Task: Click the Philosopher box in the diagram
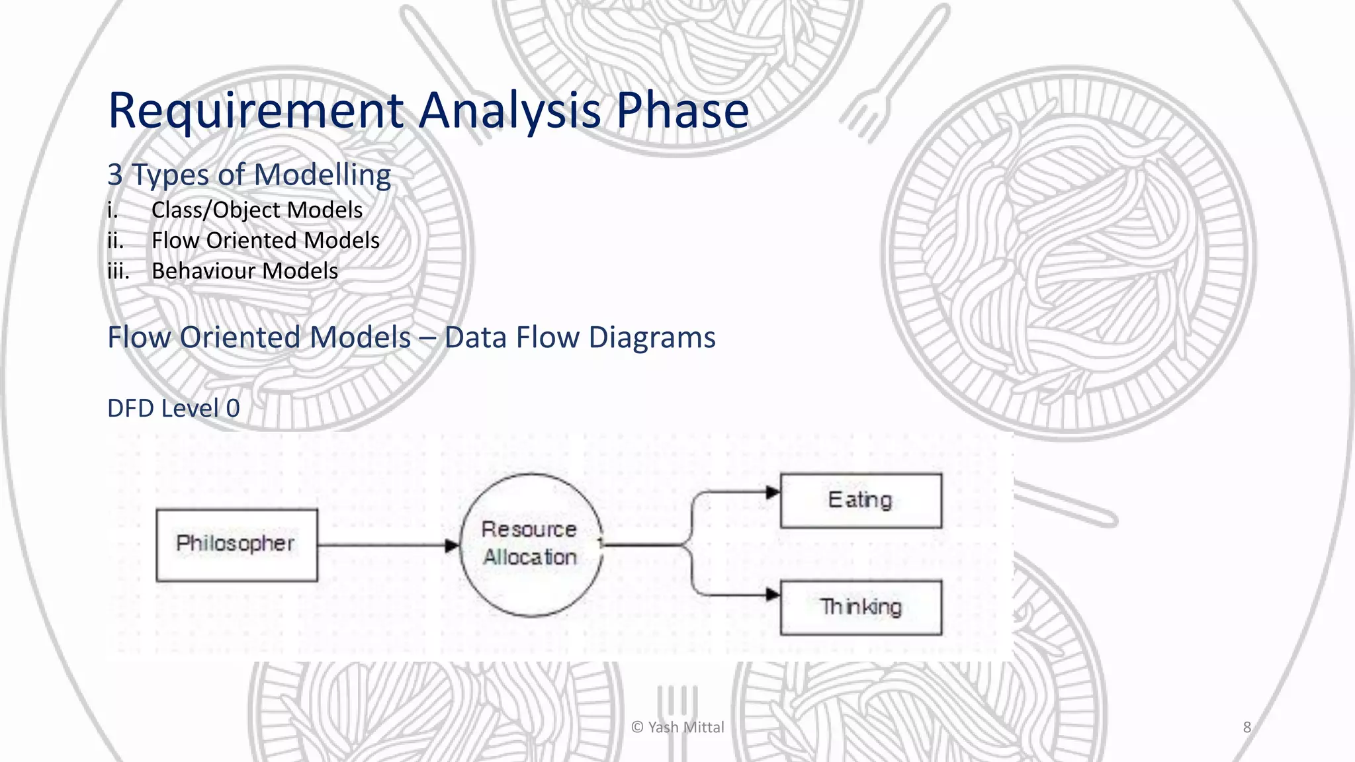[236, 545]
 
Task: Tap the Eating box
[860, 501]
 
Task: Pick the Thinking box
[860, 607]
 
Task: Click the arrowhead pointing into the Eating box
[773, 493]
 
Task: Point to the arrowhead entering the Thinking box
[773, 595]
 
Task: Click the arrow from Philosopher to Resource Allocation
[384, 546]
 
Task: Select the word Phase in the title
[682, 110]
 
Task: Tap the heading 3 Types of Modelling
[249, 175]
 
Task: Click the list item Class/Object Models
[257, 210]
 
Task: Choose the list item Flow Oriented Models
[265, 241]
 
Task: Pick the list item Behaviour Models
[244, 271]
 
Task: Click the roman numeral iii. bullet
[118, 271]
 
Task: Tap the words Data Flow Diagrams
[580, 337]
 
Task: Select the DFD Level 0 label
[173, 409]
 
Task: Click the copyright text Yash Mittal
[678, 728]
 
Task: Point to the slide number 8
[1246, 728]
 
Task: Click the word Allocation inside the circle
[530, 558]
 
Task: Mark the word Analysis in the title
[510, 110]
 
